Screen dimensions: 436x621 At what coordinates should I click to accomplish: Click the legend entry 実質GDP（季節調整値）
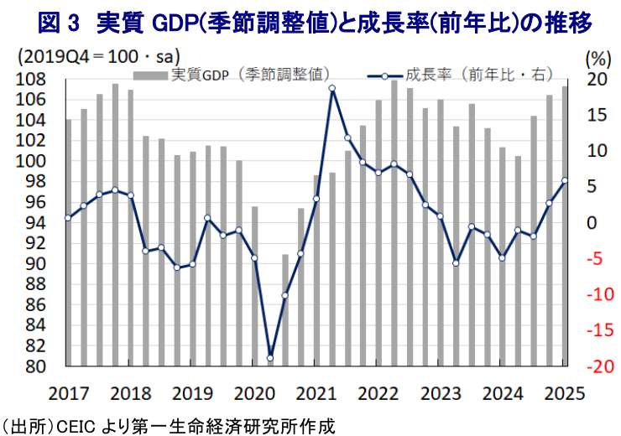[x=252, y=75]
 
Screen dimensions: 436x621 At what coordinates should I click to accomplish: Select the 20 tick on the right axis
[x=595, y=80]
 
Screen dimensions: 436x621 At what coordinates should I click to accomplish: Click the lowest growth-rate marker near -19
[x=270, y=358]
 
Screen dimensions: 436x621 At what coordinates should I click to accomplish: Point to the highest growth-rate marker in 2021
[x=332, y=88]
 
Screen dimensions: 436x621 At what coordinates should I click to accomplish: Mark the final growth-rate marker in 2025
[x=565, y=180]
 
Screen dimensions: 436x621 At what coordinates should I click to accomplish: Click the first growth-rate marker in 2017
[x=68, y=218]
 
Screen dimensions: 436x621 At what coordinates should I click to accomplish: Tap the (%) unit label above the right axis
[x=595, y=58]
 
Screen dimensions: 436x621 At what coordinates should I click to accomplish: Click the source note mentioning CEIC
[x=168, y=425]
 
